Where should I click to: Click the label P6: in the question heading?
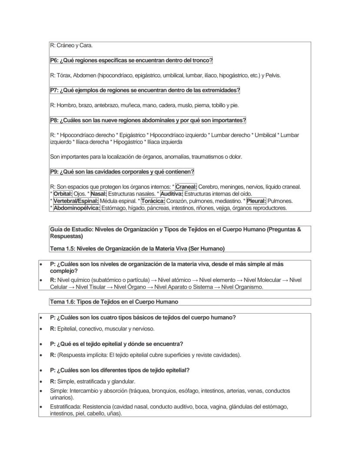(x=54, y=60)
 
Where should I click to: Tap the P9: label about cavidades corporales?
(x=54, y=172)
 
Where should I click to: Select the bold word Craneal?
(x=186, y=187)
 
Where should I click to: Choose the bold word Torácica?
(x=153, y=201)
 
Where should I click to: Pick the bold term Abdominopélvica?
(x=77, y=208)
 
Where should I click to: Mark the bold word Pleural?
(x=256, y=201)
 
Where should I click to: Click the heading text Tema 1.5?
(x=63, y=248)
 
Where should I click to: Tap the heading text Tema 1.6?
(x=63, y=302)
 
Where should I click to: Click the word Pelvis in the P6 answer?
(x=273, y=75)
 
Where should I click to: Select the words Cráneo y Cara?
(x=74, y=46)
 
